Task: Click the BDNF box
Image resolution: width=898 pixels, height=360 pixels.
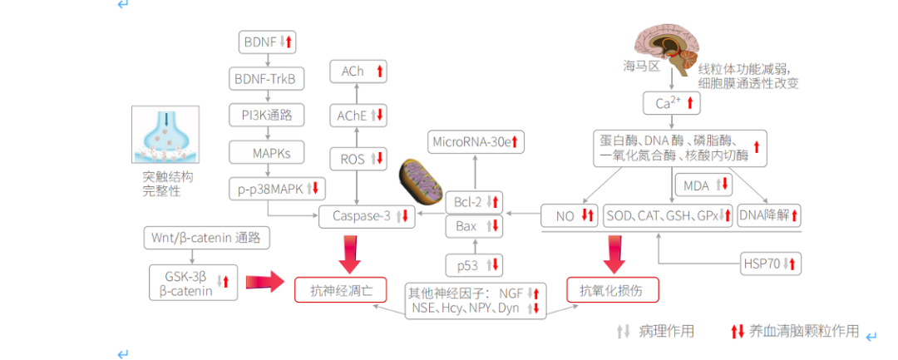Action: click(x=266, y=41)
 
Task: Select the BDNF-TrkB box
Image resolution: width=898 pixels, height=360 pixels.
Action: click(x=266, y=79)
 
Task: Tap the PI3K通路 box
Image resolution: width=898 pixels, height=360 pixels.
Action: click(x=266, y=115)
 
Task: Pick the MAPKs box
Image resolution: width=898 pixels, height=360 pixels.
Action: click(x=266, y=153)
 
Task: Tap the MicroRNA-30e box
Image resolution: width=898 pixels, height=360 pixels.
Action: click(x=475, y=142)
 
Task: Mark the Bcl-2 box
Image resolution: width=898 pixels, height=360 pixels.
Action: click(x=475, y=201)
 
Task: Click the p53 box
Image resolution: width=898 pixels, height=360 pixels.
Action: click(x=475, y=265)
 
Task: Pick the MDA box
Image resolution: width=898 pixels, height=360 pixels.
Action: click(x=703, y=185)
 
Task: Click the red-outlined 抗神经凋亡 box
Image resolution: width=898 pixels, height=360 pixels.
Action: click(x=341, y=289)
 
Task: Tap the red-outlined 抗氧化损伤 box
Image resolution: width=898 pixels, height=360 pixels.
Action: click(x=614, y=289)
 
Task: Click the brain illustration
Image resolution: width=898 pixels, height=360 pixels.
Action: click(x=669, y=47)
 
